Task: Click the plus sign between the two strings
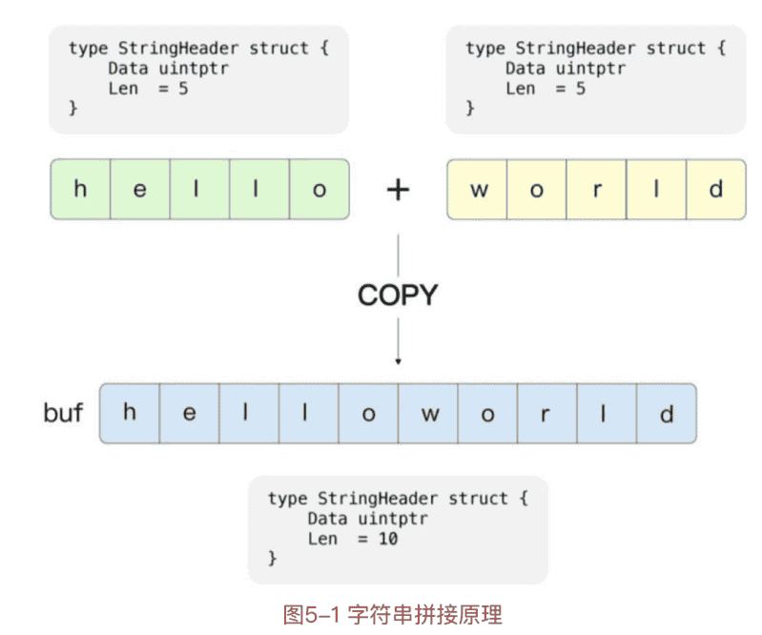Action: point(398,189)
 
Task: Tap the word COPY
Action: point(397,296)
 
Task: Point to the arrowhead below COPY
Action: point(398,361)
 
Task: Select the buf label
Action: point(63,414)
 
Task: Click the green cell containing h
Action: point(79,189)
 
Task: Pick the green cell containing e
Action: point(139,189)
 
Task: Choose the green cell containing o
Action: point(319,189)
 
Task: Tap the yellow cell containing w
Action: point(478,189)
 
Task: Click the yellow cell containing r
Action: point(597,189)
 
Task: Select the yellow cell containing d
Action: point(716,189)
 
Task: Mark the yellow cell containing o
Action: point(537,189)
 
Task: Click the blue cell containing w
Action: point(428,414)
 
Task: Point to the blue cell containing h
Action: point(130,414)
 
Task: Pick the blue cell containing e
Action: point(189,414)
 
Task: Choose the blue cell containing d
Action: point(667,414)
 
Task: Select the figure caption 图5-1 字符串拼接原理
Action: point(392,614)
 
